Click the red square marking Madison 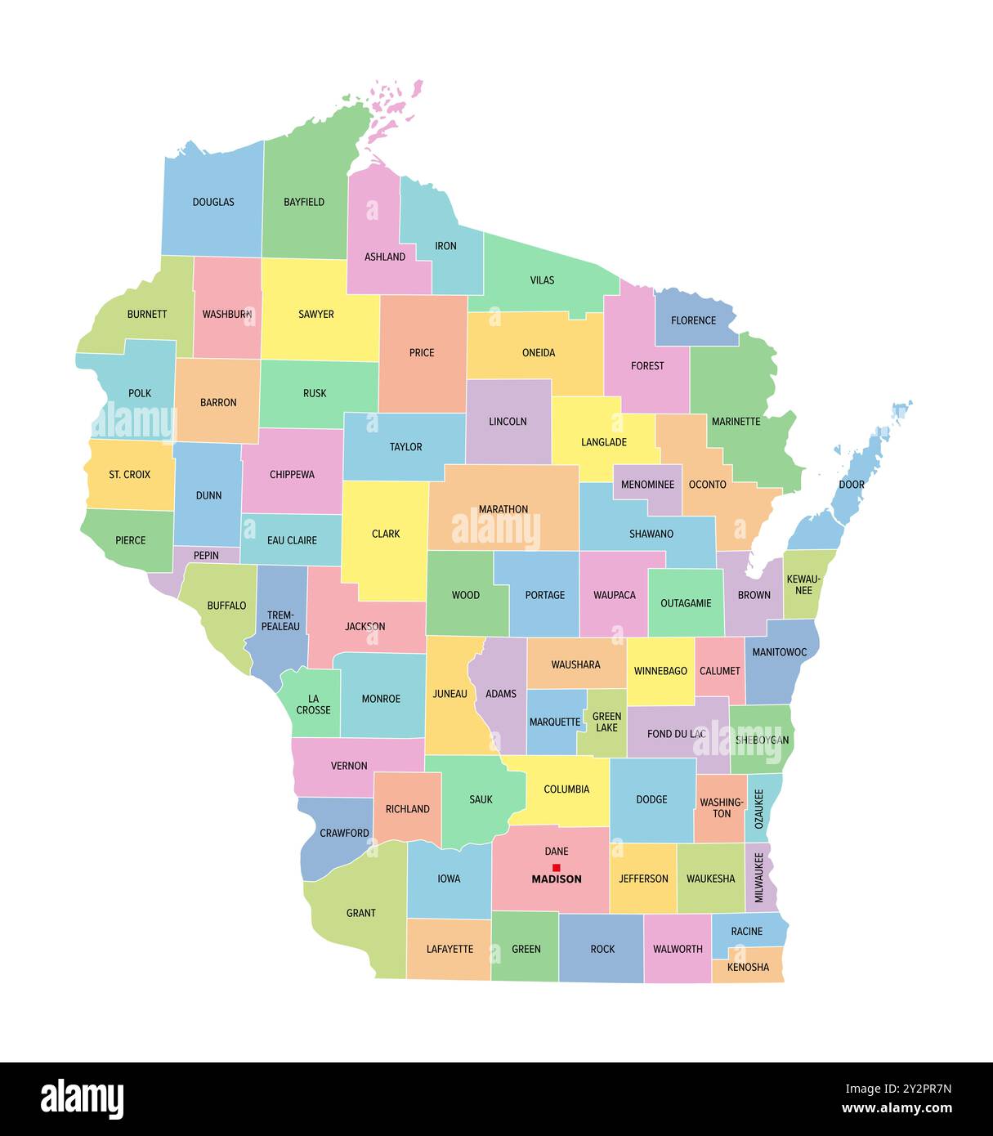557,867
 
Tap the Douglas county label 213,202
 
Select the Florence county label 693,320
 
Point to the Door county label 852,485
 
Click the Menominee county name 647,485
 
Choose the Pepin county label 206,556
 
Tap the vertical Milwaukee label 759,878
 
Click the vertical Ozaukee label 759,808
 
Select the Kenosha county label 748,968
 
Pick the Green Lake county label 606,722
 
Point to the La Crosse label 313,704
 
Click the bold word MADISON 557,879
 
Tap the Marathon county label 503,509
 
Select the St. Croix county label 130,474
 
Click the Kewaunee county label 803,584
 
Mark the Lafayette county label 450,949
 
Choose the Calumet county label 720,671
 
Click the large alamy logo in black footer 82,1098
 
